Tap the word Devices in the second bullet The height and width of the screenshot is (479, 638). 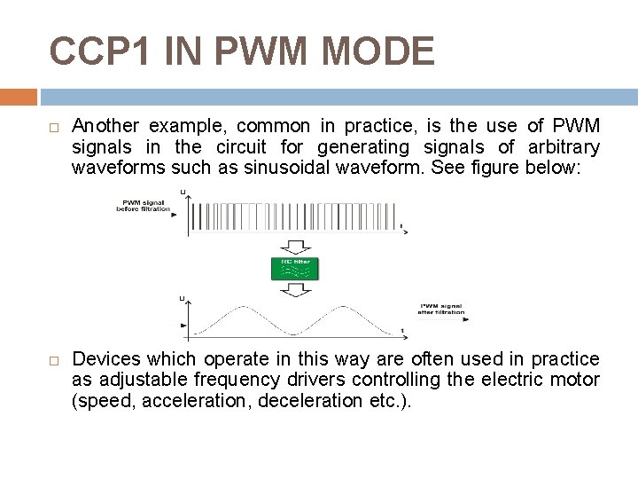click(105, 359)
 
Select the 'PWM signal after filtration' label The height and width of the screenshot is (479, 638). click(441, 309)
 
